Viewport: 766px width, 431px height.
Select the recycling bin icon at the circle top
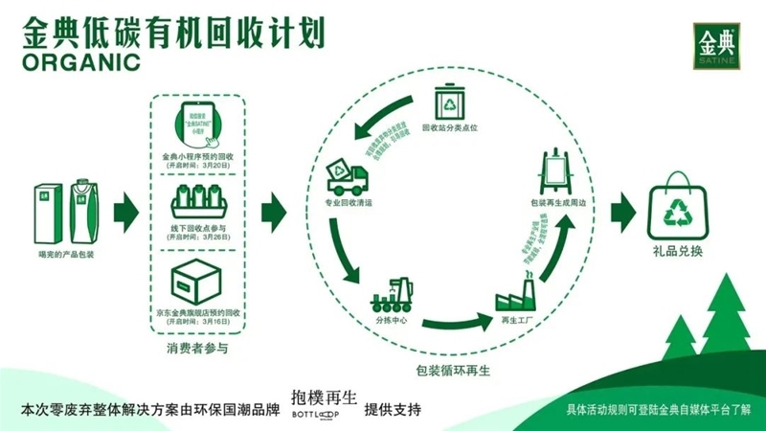coord(449,102)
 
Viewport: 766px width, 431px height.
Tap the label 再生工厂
coord(513,319)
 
